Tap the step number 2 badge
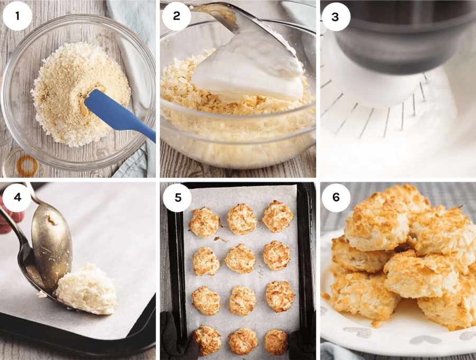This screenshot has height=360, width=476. [x=176, y=16]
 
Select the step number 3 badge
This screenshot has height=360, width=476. [x=335, y=16]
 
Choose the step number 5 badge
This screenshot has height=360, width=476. [x=176, y=197]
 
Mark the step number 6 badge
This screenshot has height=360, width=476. [x=335, y=197]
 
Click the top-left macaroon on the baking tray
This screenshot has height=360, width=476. [x=204, y=222]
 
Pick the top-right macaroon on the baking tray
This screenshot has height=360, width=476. [x=277, y=216]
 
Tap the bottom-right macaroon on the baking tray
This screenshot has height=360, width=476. [x=276, y=342]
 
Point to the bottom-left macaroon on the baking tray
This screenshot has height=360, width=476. [x=207, y=340]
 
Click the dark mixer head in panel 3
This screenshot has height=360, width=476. [x=402, y=32]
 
